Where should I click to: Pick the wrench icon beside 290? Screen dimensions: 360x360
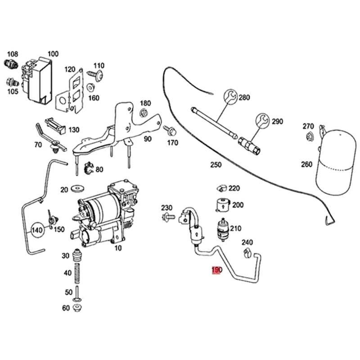pos(262,120)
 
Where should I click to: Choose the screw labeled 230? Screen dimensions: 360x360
pos(169,217)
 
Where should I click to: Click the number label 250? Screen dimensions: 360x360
pos(216,165)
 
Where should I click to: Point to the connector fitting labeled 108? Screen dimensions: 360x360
pos(10,64)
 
